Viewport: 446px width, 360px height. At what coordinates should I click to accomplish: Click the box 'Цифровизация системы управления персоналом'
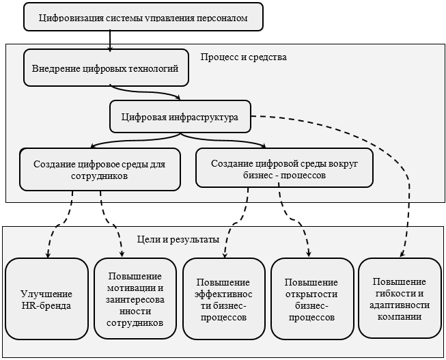pos(143,16)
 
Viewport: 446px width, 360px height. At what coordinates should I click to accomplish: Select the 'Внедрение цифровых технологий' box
pos(106,68)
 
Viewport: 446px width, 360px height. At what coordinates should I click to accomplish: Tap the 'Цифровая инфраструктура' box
pos(180,117)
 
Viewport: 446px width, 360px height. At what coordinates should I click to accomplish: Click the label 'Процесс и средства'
pos(243,57)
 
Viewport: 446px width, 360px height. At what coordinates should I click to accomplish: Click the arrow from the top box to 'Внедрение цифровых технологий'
pos(109,40)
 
